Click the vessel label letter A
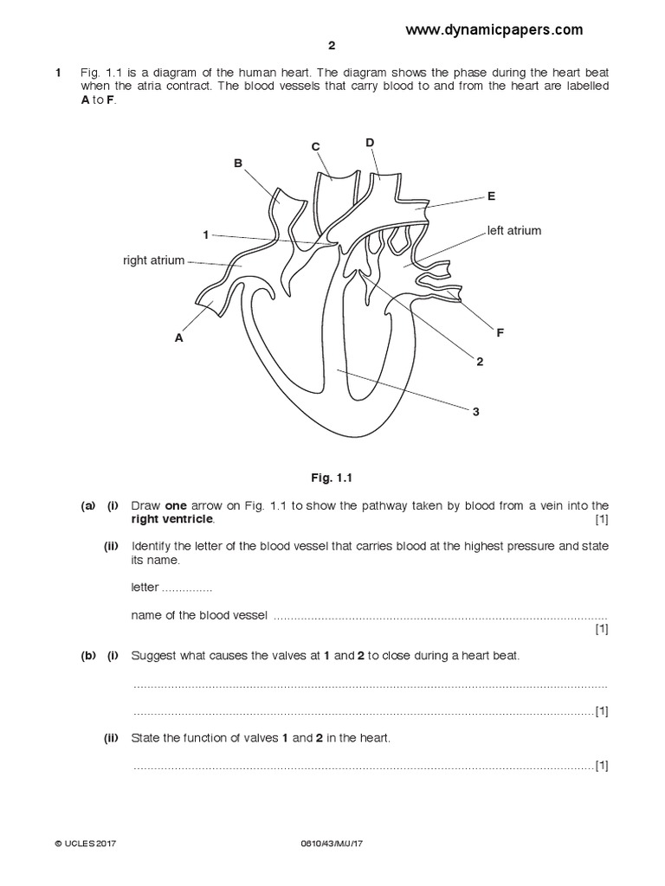tap(179, 338)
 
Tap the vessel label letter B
tap(238, 162)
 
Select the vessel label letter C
tap(316, 147)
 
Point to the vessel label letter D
tap(370, 142)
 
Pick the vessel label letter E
tap(491, 196)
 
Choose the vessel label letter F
tap(500, 332)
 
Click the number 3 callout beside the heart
tap(475, 412)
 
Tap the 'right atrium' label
tap(153, 260)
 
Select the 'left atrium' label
tap(513, 231)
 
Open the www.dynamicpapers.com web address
tap(494, 29)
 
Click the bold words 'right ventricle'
tap(171, 520)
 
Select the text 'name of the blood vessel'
tap(200, 615)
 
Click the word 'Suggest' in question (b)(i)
tap(153, 656)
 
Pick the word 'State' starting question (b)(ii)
tap(146, 739)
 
